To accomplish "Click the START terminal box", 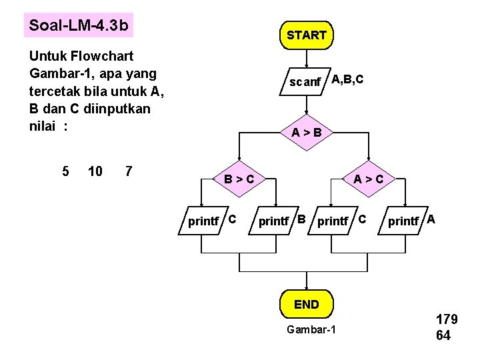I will click(306, 35).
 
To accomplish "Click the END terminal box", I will click(306, 305).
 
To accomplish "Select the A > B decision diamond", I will click(306, 133).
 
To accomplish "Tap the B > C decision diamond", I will click(238, 179).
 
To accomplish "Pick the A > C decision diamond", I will click(368, 179).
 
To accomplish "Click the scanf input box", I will click(305, 82).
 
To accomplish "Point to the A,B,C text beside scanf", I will click(347, 80).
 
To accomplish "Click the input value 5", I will click(65, 171).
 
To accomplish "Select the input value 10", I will click(95, 171).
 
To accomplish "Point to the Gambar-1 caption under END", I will click(311, 331).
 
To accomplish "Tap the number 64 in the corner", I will click(443, 335).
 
